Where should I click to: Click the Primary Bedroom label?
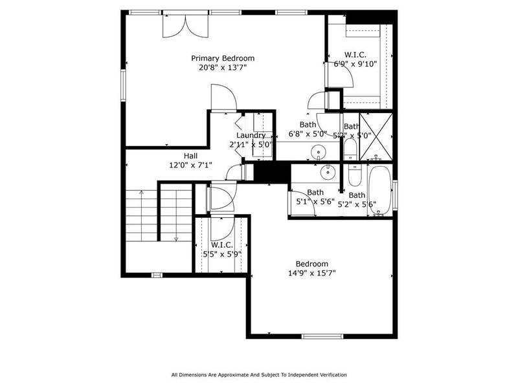[x=222, y=58]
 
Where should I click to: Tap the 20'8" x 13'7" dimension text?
[x=222, y=67]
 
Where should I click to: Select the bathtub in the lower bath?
[x=379, y=190]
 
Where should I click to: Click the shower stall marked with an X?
[x=376, y=136]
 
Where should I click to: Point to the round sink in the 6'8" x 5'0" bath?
[x=318, y=153]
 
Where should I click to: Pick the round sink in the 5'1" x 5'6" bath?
[x=328, y=171]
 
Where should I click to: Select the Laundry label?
[x=251, y=135]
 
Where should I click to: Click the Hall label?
[x=190, y=156]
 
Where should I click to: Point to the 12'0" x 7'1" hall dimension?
[x=190, y=165]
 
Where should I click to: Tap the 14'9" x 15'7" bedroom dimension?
[x=312, y=273]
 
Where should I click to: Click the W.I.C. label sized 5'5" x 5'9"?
[x=222, y=244]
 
